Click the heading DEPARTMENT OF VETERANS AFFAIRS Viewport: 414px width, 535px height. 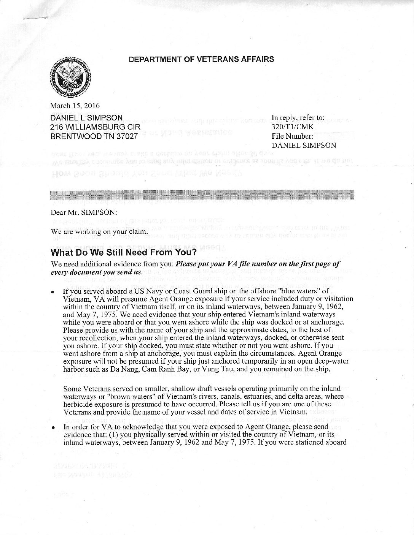pos(201,59)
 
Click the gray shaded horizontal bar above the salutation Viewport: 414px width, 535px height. pos(202,196)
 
